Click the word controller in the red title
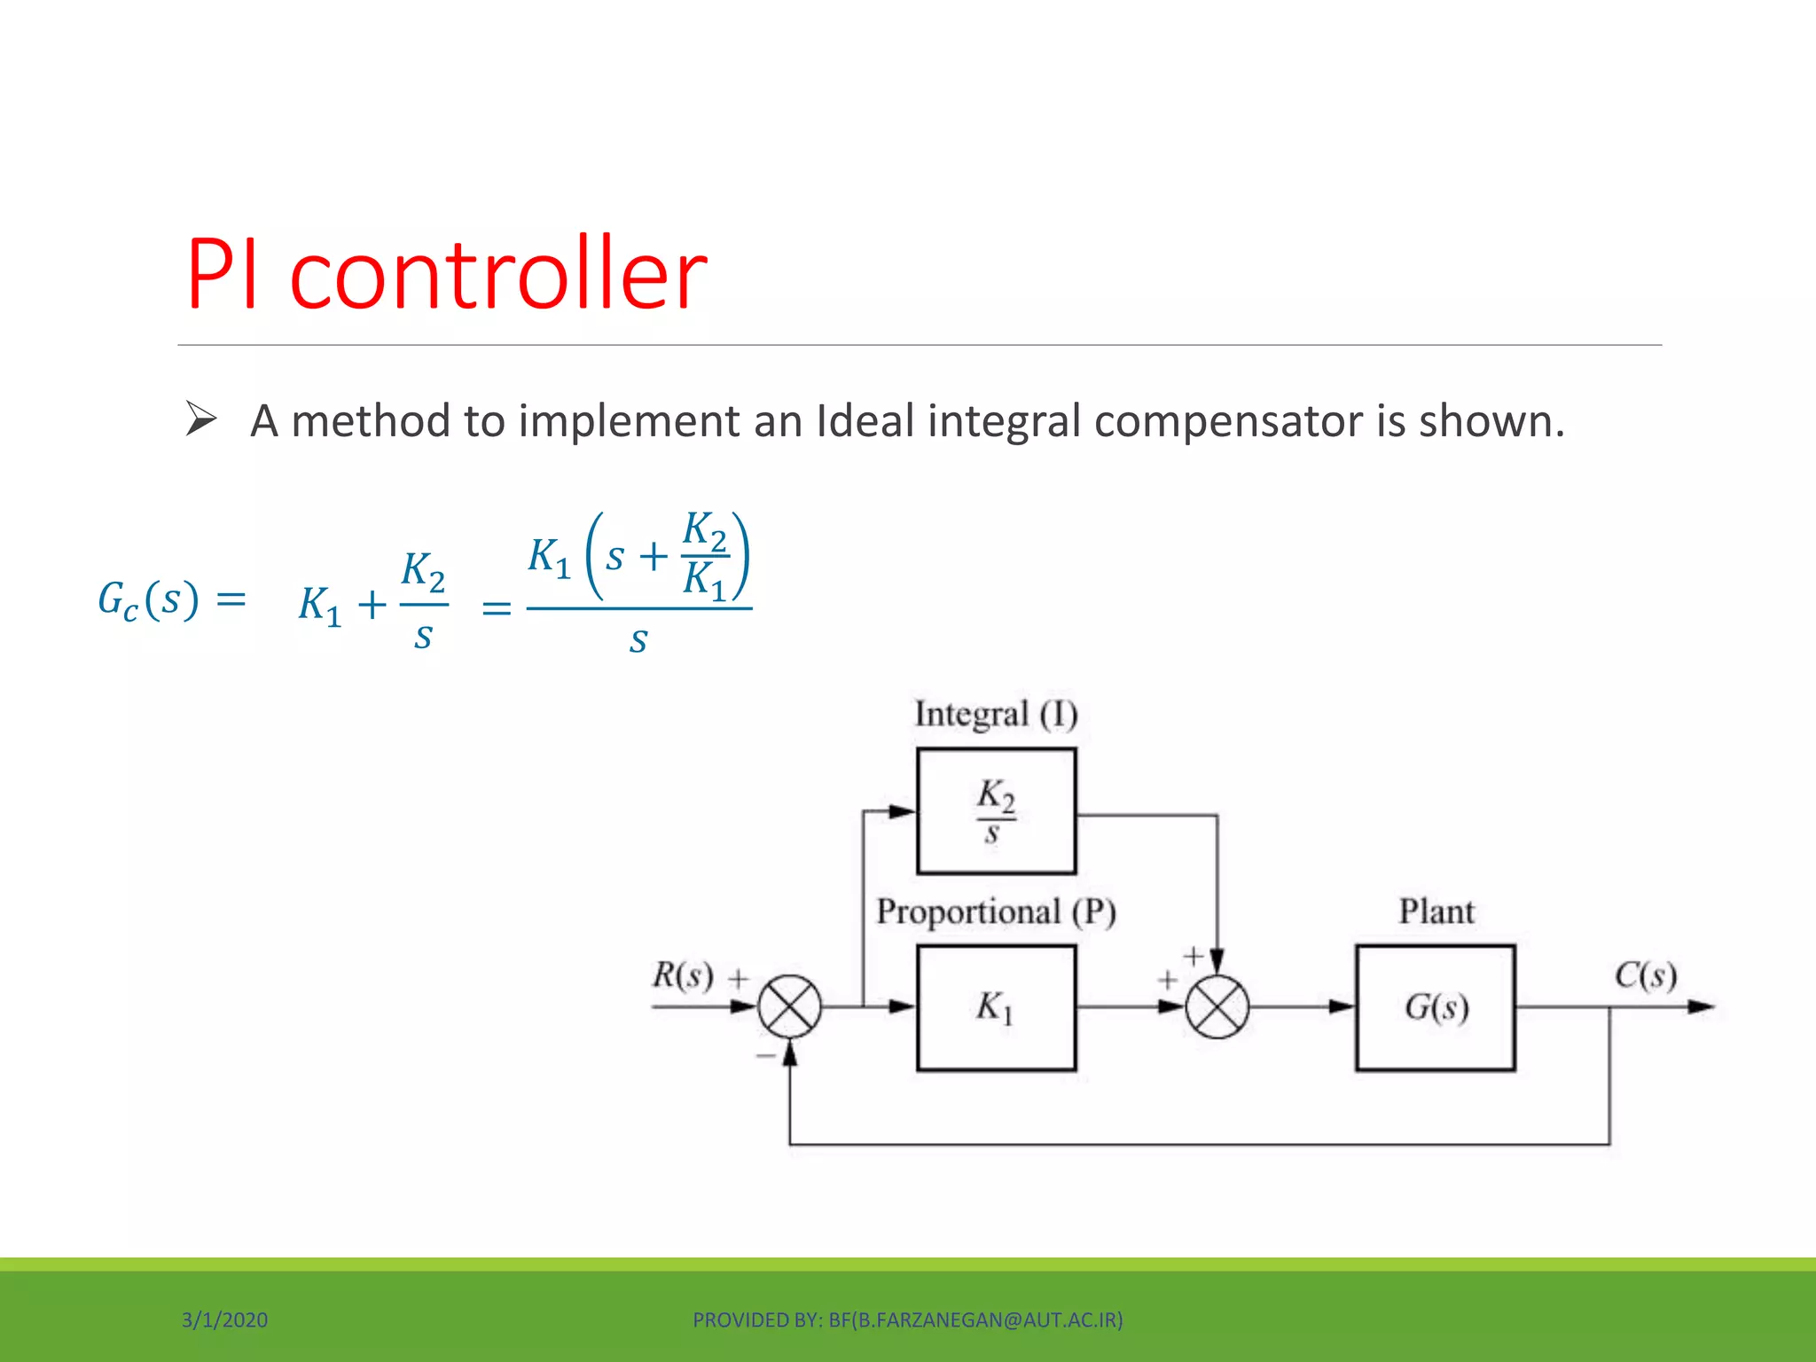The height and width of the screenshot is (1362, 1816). click(x=498, y=275)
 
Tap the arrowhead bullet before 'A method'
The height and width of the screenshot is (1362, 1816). click(x=201, y=419)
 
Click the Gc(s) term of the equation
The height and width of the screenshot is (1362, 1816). click(x=148, y=600)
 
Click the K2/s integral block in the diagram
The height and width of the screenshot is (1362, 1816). click(x=996, y=810)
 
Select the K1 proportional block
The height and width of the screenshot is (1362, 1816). click(x=996, y=1007)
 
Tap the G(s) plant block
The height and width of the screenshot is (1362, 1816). click(x=1435, y=1007)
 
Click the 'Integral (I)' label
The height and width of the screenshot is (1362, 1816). click(x=996, y=715)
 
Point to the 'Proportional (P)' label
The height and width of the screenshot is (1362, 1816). click(x=996, y=912)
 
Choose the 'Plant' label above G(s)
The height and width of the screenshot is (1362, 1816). click(x=1436, y=912)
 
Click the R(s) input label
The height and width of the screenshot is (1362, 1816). click(x=683, y=975)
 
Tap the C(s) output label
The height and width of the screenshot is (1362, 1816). click(x=1645, y=975)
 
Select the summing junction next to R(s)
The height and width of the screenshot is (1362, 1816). click(x=789, y=1006)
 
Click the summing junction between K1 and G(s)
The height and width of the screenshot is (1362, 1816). click(x=1217, y=1006)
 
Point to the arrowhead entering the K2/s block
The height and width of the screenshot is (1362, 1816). click(x=902, y=810)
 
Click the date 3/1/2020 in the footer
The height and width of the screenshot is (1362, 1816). click(x=224, y=1319)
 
